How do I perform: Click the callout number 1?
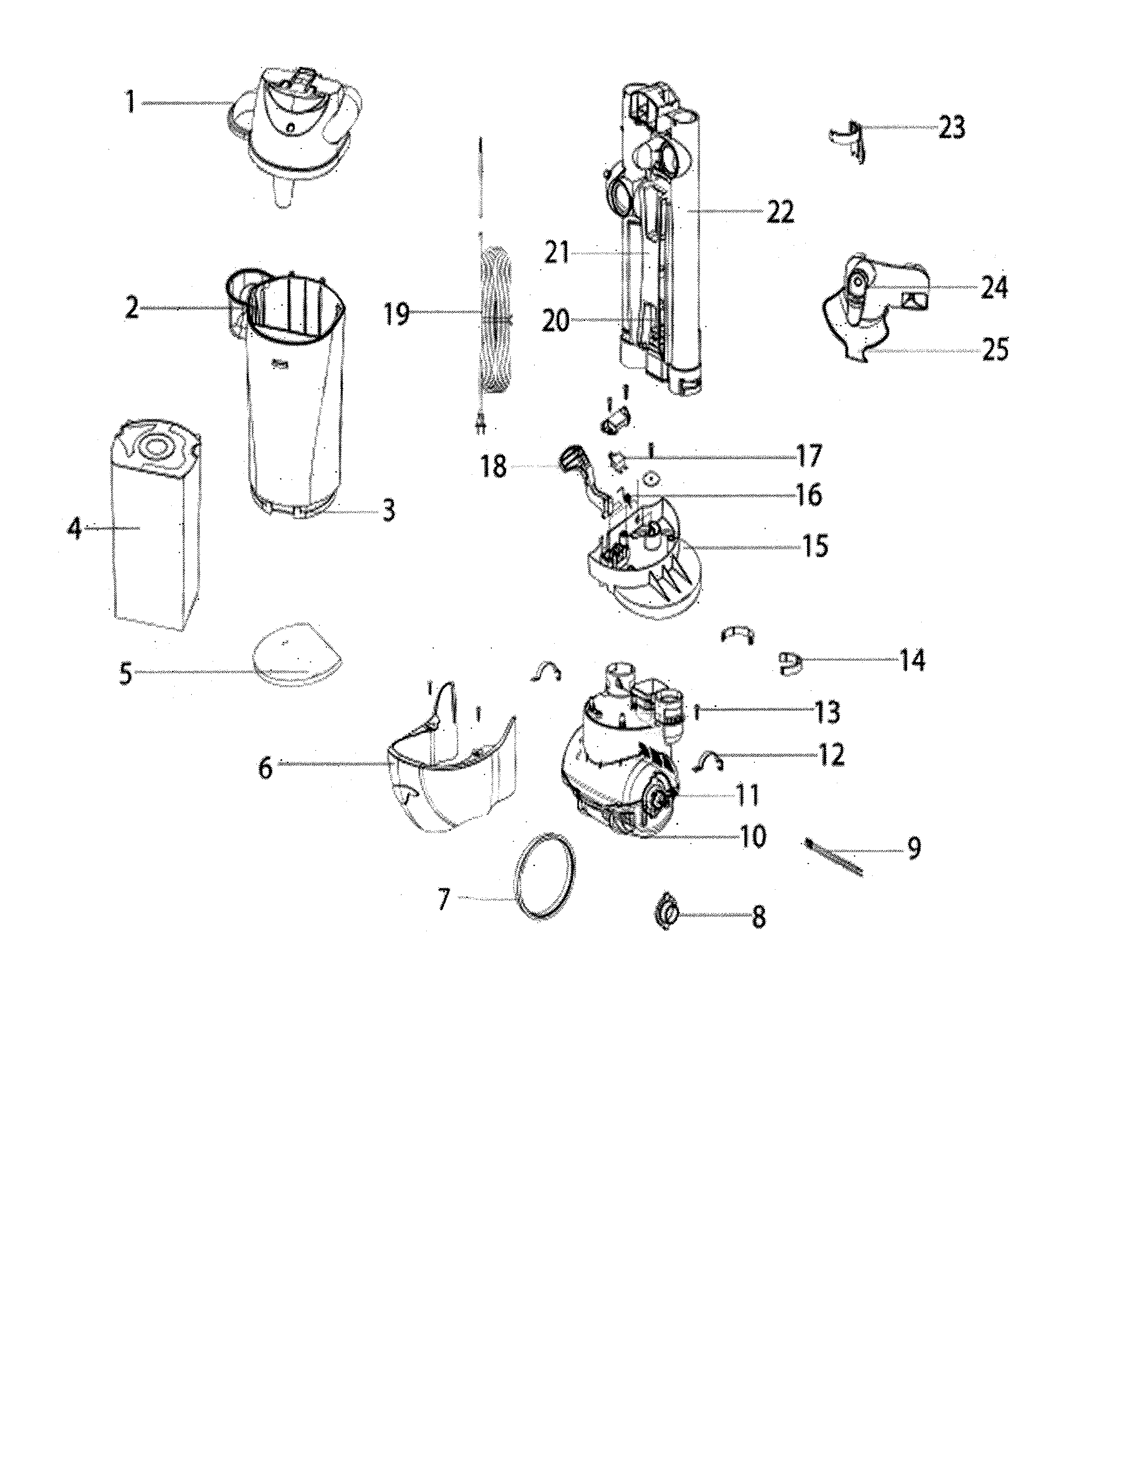[x=130, y=103]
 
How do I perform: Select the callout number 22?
[x=779, y=212]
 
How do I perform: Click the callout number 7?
[x=443, y=899]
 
